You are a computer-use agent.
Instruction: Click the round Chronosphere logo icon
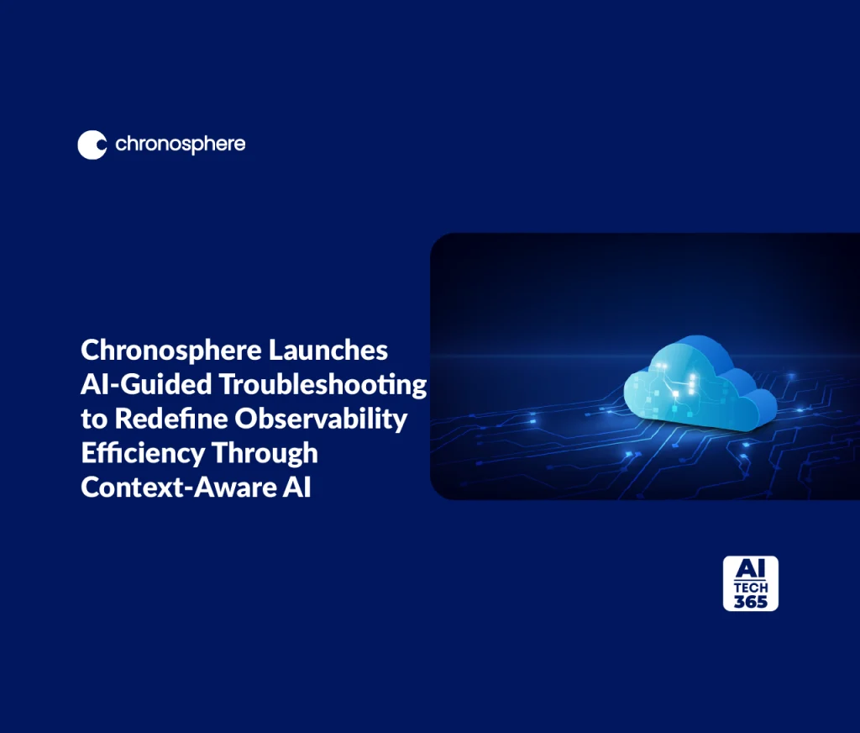(x=92, y=145)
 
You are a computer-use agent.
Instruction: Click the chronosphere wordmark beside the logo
(x=181, y=145)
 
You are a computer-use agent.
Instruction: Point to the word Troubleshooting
(x=322, y=384)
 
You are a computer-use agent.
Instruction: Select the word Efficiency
(x=140, y=453)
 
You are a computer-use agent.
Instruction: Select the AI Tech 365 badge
(x=750, y=583)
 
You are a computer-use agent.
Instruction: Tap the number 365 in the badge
(x=750, y=601)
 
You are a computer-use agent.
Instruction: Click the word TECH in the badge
(x=750, y=588)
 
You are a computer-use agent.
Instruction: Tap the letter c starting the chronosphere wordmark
(x=121, y=145)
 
